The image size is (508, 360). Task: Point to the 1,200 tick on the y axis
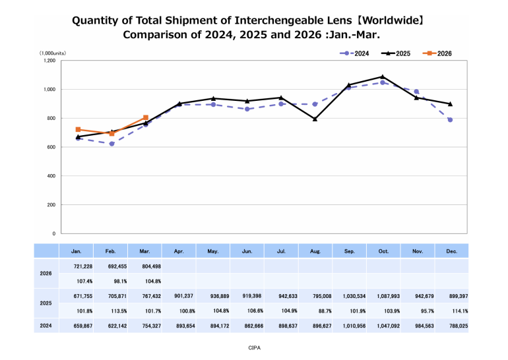(49, 61)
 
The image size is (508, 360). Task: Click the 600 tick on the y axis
(51, 147)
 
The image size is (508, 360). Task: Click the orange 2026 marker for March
(146, 117)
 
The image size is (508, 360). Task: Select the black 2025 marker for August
(315, 119)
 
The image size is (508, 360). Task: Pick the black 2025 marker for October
(383, 77)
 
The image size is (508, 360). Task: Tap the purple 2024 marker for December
(450, 120)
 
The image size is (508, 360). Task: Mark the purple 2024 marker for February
(112, 144)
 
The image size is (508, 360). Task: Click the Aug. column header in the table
(315, 251)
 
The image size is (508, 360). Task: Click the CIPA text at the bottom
(253, 347)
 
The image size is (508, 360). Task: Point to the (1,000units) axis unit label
(52, 53)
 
